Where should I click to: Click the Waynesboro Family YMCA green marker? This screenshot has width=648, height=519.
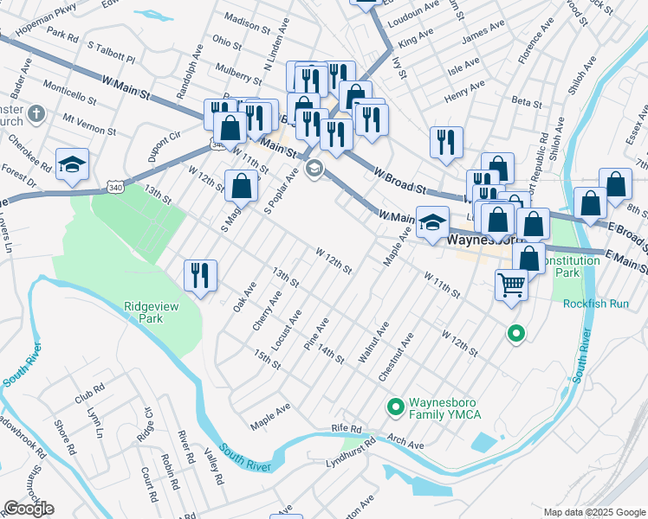396,406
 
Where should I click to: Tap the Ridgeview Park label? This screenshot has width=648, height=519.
144,311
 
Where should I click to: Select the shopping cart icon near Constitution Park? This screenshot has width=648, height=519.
512,284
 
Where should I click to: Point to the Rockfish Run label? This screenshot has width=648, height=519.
596,304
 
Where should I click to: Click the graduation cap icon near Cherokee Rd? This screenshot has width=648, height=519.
72,163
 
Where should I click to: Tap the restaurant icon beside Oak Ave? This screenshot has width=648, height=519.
200,275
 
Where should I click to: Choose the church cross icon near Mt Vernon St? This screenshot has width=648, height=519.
36,113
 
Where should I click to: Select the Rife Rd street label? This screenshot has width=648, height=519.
345,429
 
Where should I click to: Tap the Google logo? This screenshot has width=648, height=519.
29,509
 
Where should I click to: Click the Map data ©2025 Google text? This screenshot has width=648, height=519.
593,512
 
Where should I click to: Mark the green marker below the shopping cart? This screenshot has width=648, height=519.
515,333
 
